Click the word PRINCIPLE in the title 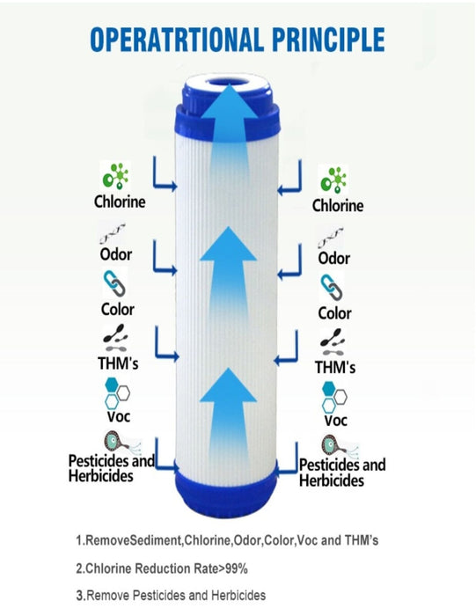[328, 40]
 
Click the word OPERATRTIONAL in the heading [177, 40]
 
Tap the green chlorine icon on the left [115, 176]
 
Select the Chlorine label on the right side [338, 205]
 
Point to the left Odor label [116, 254]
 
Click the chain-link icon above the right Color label [332, 288]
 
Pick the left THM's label [118, 363]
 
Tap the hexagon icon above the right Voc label [334, 397]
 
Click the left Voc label [119, 416]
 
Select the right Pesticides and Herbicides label [342, 473]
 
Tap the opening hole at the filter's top [228, 83]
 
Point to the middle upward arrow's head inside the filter [228, 244]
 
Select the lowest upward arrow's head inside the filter [228, 385]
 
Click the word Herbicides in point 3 [238, 596]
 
